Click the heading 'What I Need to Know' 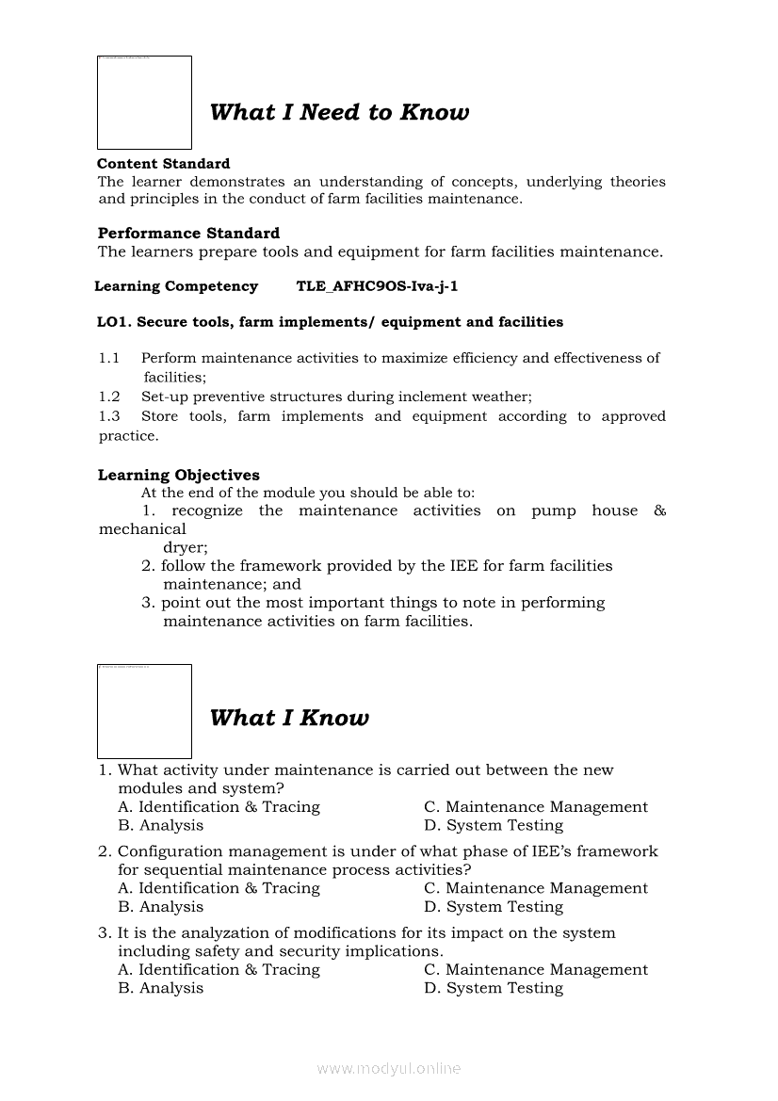(x=339, y=113)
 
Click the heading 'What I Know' (x=289, y=719)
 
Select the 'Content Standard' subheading (x=163, y=164)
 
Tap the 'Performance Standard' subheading (x=188, y=234)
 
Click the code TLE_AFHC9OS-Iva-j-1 (x=377, y=286)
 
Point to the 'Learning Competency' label (x=176, y=286)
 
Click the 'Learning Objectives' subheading (x=178, y=476)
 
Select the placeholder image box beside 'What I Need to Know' (x=144, y=103)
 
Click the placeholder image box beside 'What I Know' (x=144, y=711)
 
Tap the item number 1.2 (x=109, y=397)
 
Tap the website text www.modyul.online (x=389, y=1069)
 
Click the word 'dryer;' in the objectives (x=186, y=547)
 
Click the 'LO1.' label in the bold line (x=114, y=322)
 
